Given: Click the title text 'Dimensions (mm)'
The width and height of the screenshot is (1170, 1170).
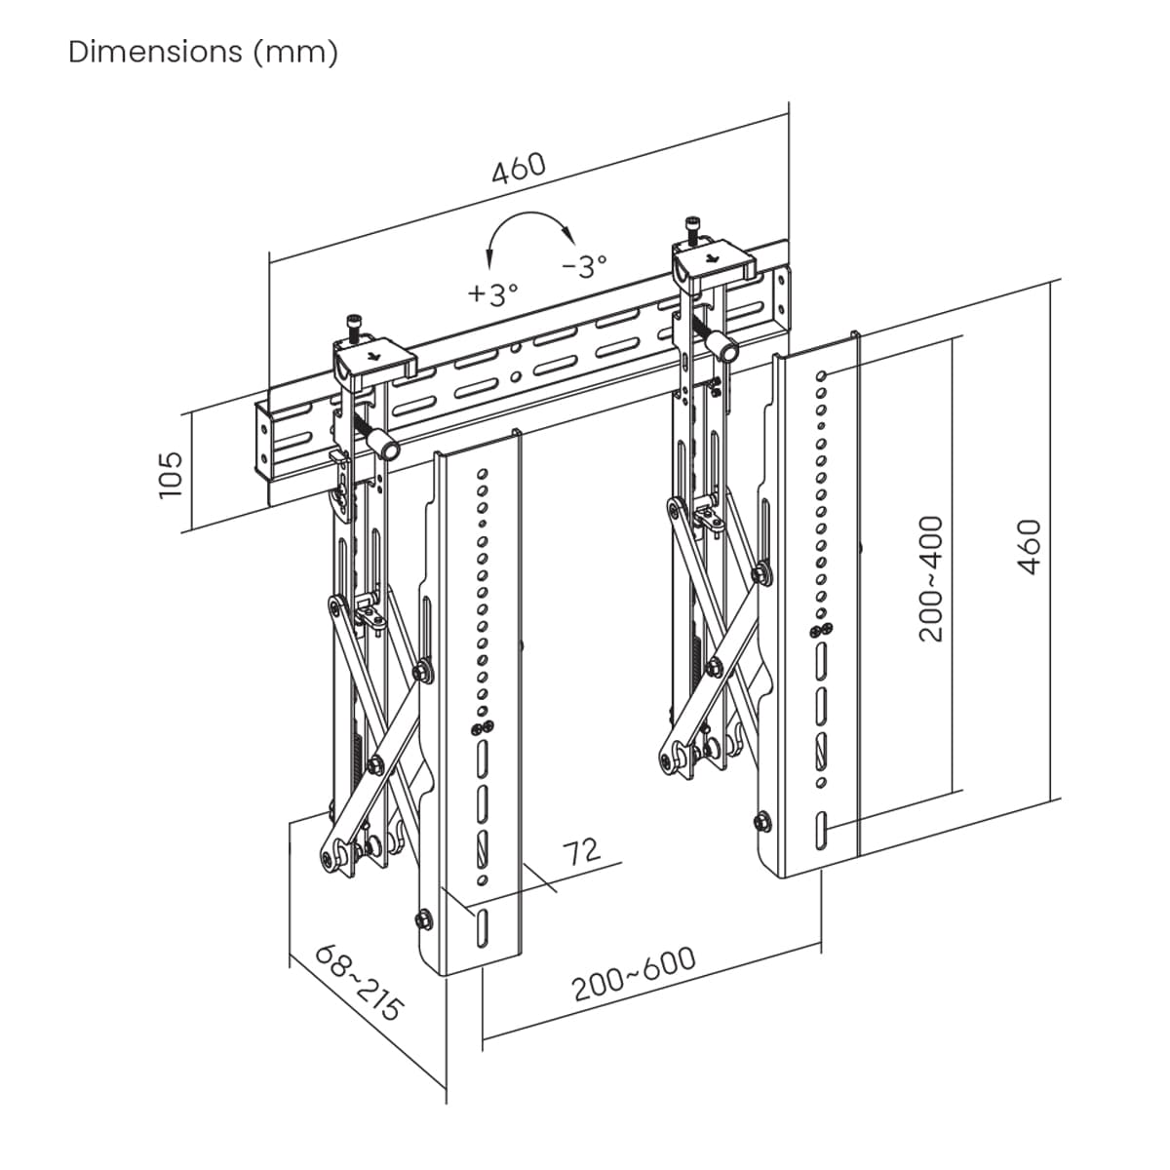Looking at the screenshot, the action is [x=203, y=53].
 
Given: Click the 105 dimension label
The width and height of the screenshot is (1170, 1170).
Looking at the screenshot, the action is [x=171, y=475].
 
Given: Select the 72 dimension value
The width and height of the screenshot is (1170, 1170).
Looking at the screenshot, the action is [x=582, y=852].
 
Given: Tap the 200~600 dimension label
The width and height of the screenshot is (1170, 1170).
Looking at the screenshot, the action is [x=634, y=982].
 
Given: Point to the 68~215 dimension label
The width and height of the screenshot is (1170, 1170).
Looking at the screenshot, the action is [x=359, y=983].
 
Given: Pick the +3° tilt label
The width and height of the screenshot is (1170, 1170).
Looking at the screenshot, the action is [x=493, y=294].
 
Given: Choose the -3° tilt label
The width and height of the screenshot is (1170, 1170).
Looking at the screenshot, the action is [x=584, y=265].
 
